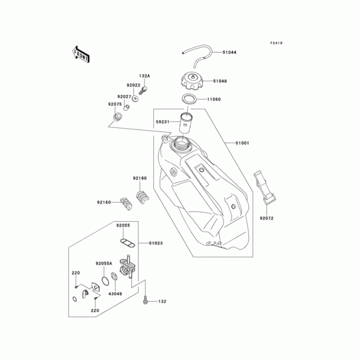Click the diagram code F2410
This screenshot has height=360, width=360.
(276, 43)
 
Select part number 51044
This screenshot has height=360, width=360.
(229, 52)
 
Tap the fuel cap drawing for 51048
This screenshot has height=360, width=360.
(192, 81)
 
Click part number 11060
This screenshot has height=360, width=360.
(214, 99)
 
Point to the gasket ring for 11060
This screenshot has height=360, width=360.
(190, 99)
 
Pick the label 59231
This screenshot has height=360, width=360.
(162, 121)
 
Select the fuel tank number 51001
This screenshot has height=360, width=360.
(242, 143)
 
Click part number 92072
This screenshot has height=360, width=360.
(266, 218)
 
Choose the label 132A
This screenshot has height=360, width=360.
(144, 76)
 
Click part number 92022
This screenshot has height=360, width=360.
(133, 85)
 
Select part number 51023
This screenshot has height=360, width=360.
(156, 243)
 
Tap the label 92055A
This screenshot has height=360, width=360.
(103, 264)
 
